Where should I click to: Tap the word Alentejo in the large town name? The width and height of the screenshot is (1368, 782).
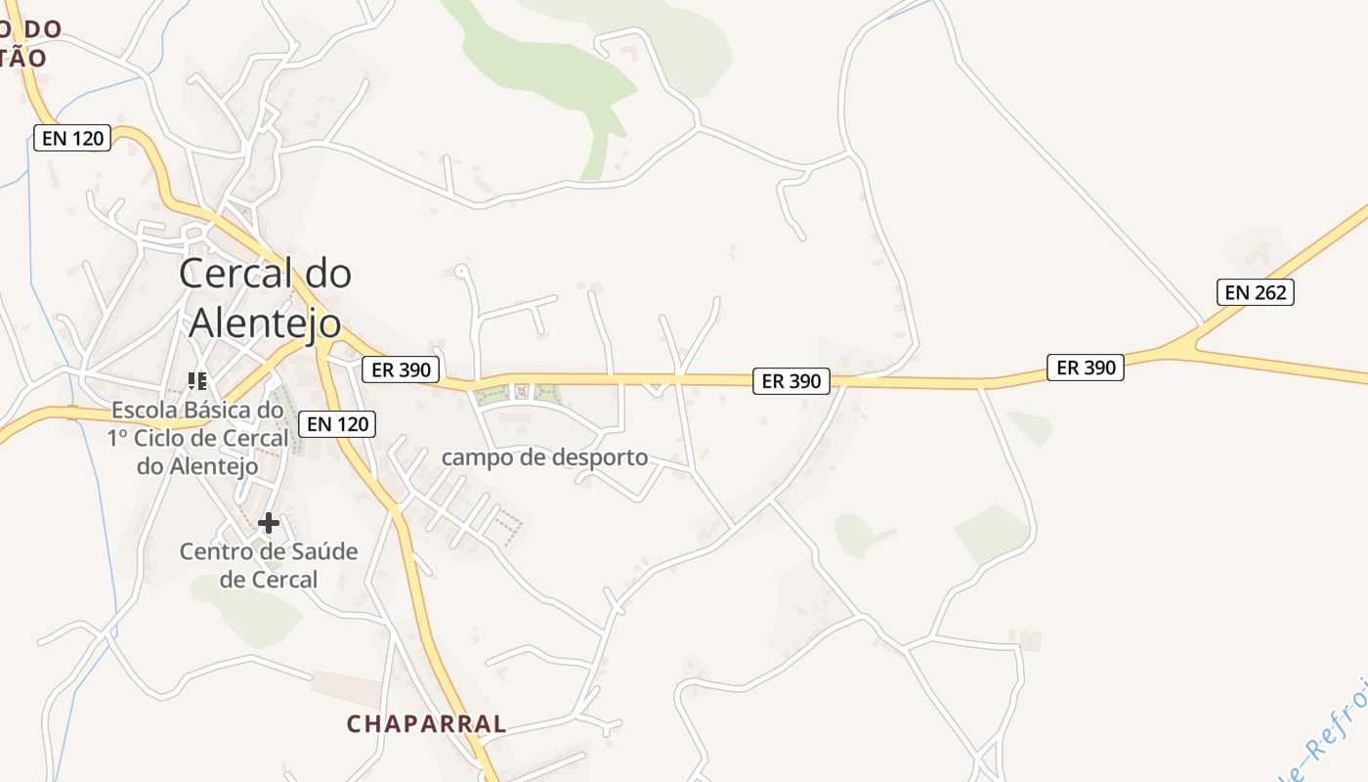(x=265, y=323)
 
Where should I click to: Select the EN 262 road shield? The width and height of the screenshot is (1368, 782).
(x=1255, y=291)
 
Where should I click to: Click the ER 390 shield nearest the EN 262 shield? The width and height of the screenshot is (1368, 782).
(x=1085, y=368)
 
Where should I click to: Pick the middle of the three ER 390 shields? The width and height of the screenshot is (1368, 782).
(x=791, y=381)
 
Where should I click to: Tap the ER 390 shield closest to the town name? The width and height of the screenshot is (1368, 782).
(x=401, y=369)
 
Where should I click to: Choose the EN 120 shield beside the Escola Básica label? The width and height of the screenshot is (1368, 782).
(x=336, y=423)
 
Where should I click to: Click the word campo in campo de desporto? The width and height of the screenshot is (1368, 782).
(x=475, y=456)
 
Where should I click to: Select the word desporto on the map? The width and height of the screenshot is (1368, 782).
(x=600, y=456)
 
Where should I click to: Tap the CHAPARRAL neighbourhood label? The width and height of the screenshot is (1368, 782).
(x=427, y=724)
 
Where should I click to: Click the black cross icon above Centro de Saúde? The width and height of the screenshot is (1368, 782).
(x=269, y=523)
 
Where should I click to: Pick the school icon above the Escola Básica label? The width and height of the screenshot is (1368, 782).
(x=198, y=380)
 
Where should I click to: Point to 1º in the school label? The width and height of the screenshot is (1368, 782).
(x=118, y=438)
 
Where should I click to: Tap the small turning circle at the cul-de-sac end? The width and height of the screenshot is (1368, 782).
(x=461, y=270)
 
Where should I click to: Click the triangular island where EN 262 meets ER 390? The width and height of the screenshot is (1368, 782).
(x=1185, y=345)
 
